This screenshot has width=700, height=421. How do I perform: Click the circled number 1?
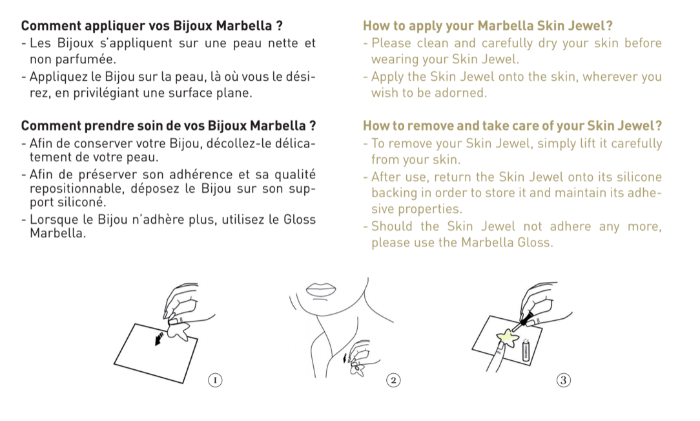[x=215, y=380]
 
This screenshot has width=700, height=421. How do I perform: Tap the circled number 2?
[x=393, y=380]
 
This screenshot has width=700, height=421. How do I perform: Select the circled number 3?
[x=563, y=380]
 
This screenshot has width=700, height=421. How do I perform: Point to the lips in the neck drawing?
[x=321, y=289]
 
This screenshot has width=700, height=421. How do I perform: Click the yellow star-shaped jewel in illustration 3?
[x=507, y=338]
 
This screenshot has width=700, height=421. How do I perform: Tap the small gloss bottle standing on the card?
[x=526, y=350]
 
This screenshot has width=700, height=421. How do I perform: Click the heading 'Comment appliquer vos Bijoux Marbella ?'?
[x=152, y=25]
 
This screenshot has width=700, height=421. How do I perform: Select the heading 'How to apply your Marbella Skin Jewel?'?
[x=488, y=25]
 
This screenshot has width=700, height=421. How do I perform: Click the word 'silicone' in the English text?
[x=639, y=177]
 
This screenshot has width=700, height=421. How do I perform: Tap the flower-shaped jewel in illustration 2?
[x=358, y=369]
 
